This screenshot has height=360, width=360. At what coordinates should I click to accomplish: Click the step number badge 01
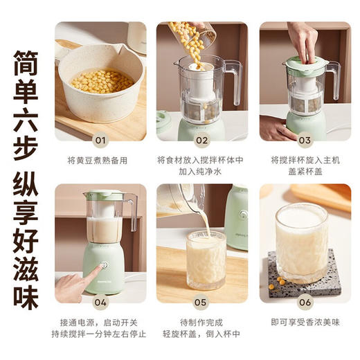click(x=101, y=139)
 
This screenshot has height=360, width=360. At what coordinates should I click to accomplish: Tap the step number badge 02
click(x=201, y=139)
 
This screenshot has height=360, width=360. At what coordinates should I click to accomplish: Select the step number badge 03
click(x=304, y=139)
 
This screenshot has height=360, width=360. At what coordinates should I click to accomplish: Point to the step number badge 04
click(x=101, y=302)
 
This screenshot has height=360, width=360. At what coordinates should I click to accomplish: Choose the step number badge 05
click(x=201, y=302)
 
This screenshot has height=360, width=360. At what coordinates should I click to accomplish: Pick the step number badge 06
click(x=304, y=302)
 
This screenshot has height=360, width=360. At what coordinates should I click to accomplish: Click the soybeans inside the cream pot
click(x=102, y=80)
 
